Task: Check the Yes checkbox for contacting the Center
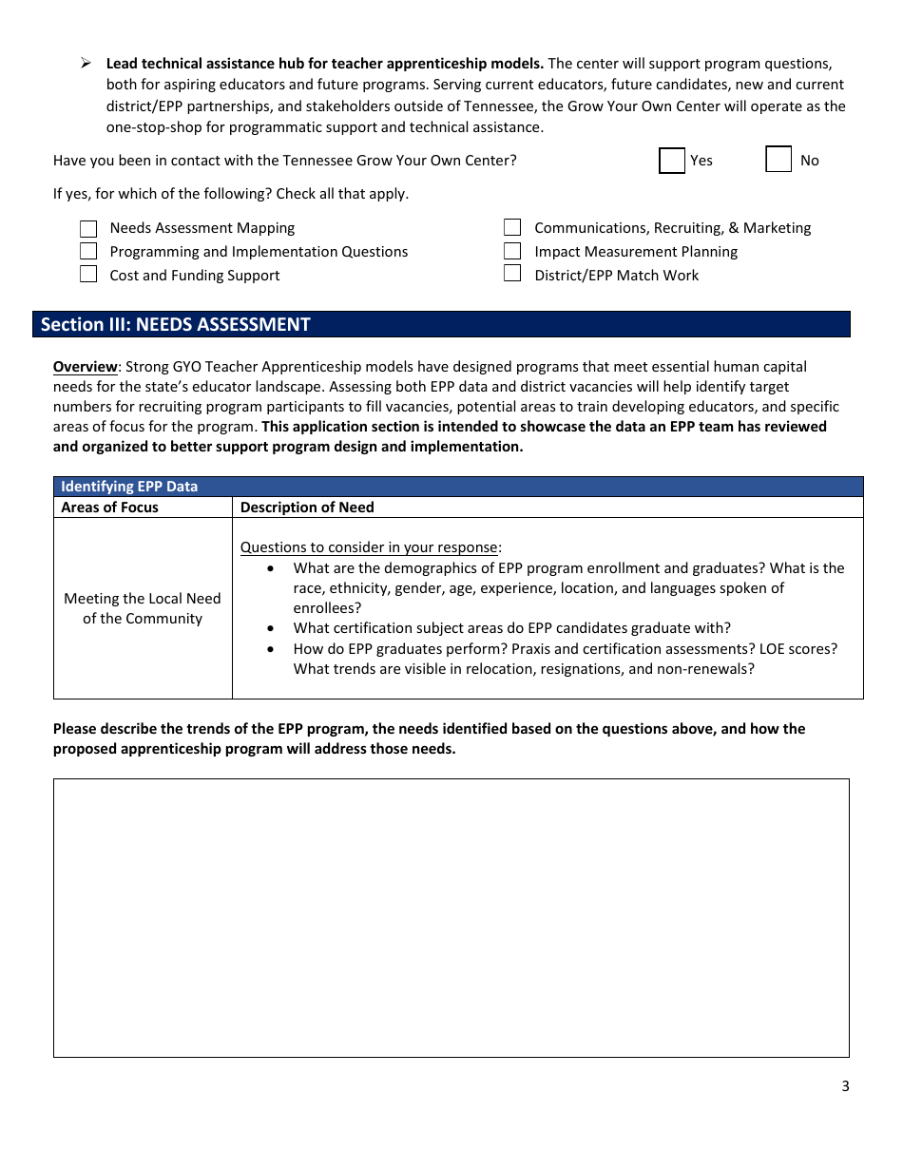672,161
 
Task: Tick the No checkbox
778,160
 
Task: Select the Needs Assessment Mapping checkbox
88,228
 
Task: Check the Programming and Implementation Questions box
88,252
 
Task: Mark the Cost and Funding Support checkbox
88,275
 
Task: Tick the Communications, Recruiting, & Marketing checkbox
512,228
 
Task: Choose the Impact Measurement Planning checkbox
512,252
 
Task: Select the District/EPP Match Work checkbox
512,275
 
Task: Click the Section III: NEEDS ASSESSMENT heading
176,325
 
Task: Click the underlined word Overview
85,367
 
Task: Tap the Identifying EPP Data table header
129,487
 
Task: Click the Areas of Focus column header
109,508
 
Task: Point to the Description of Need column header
307,508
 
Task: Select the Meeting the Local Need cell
143,608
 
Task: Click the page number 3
845,1086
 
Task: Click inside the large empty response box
451,917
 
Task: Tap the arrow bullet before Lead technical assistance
86,64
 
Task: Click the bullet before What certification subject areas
272,628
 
